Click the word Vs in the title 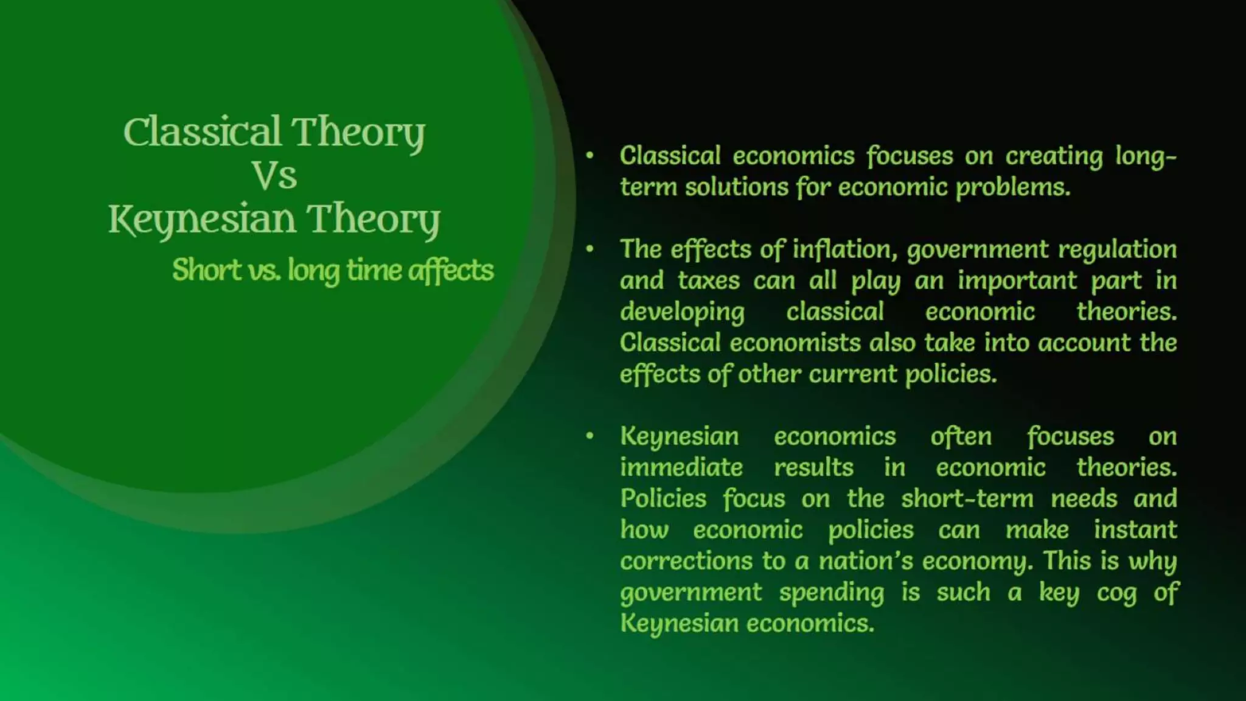pos(274,176)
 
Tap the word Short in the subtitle pos(206,270)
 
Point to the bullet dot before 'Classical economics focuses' pos(590,155)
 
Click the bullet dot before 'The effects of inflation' pos(590,249)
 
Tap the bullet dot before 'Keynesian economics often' pos(590,436)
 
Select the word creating pos(1054,156)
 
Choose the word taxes pos(709,281)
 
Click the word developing pos(682,312)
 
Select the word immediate pos(681,467)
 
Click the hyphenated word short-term pos(967,498)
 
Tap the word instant pos(1135,529)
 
